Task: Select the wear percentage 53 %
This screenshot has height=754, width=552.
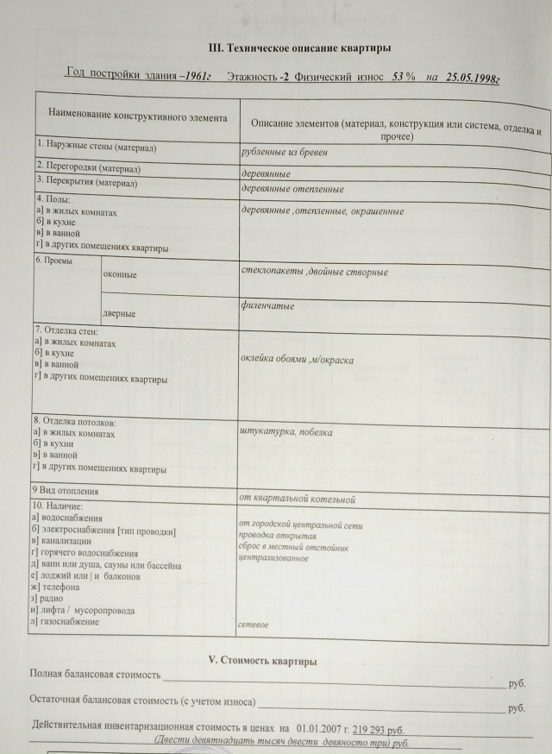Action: coord(404,77)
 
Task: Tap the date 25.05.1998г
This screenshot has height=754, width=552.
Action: coord(474,78)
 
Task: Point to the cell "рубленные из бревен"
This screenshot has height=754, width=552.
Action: coord(285,152)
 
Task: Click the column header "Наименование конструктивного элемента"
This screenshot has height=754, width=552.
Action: coord(137,116)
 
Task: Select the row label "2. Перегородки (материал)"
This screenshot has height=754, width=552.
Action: coord(89,167)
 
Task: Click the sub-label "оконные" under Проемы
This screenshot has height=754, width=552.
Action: coord(120,275)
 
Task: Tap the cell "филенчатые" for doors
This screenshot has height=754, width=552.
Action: coord(268,305)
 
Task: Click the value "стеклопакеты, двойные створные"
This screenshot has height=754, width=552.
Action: coord(315,272)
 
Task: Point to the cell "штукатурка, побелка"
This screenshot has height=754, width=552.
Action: coord(286,432)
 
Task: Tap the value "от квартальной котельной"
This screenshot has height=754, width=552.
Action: coord(298,499)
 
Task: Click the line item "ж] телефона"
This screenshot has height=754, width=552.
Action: coord(61,587)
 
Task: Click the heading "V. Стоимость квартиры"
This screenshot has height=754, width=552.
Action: coord(263,661)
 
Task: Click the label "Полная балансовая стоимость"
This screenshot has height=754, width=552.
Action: coord(96,674)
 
